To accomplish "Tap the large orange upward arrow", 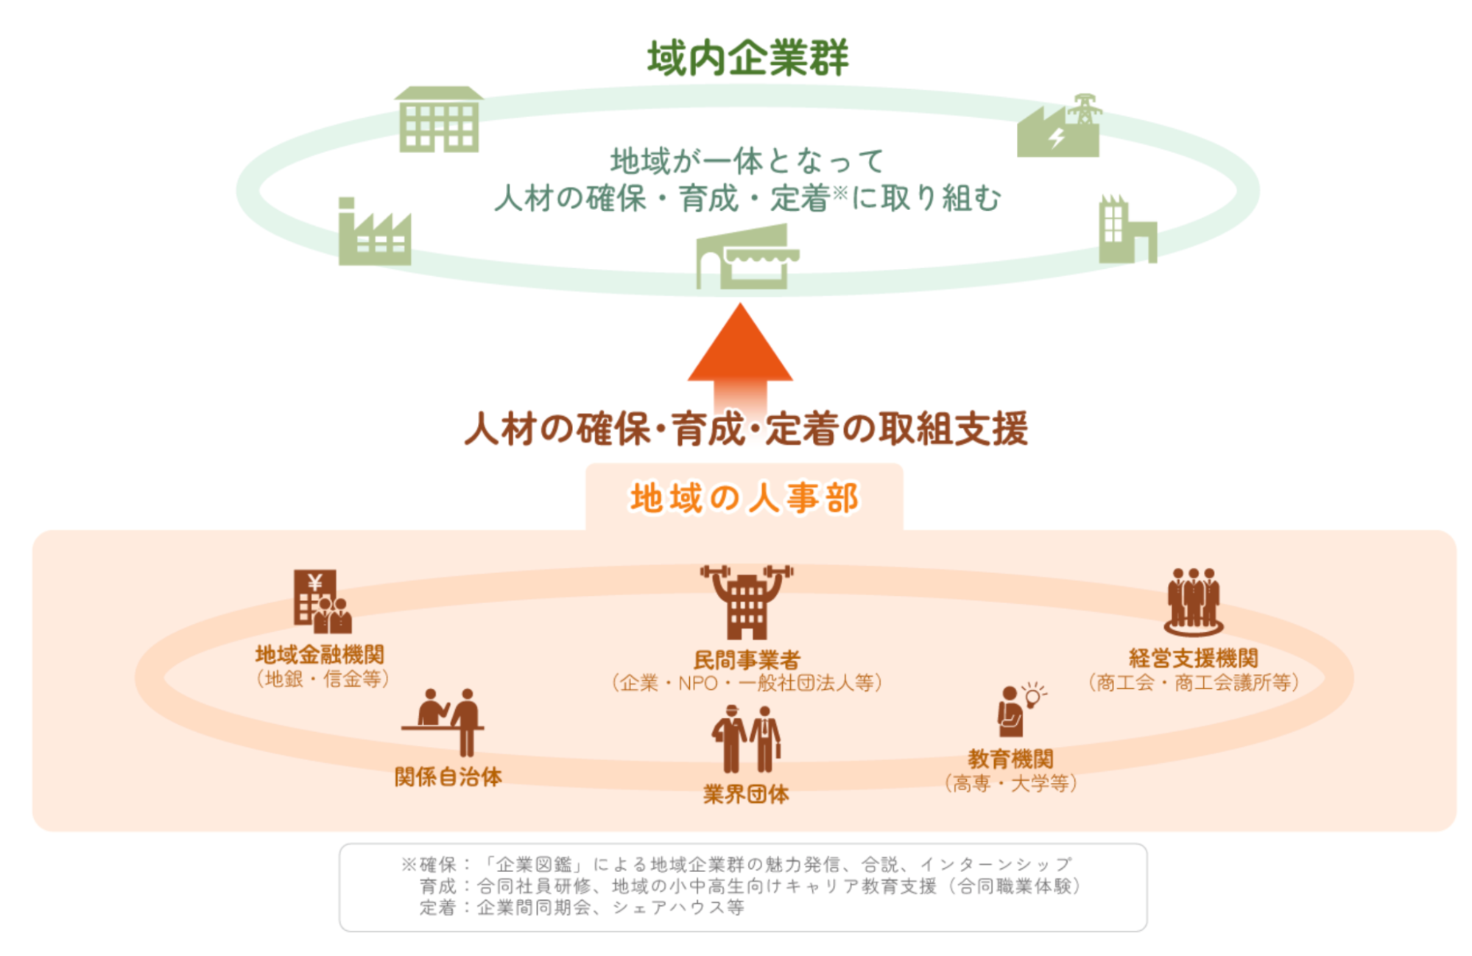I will (740, 354).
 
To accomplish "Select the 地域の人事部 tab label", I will (744, 498).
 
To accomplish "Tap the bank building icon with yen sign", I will (321, 602).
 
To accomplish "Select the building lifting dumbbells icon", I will (747, 601).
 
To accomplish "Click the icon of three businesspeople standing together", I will (1193, 601).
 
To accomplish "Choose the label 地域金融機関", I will (320, 654).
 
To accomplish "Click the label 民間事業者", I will (746, 659).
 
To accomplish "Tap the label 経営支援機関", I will (1193, 658).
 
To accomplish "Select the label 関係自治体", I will (448, 776).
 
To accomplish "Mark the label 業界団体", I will (746, 794).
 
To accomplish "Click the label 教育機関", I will (1010, 759).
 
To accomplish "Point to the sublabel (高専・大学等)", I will (1010, 783).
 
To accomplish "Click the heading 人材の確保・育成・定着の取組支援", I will (745, 429).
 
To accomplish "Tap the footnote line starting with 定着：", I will (582, 907).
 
